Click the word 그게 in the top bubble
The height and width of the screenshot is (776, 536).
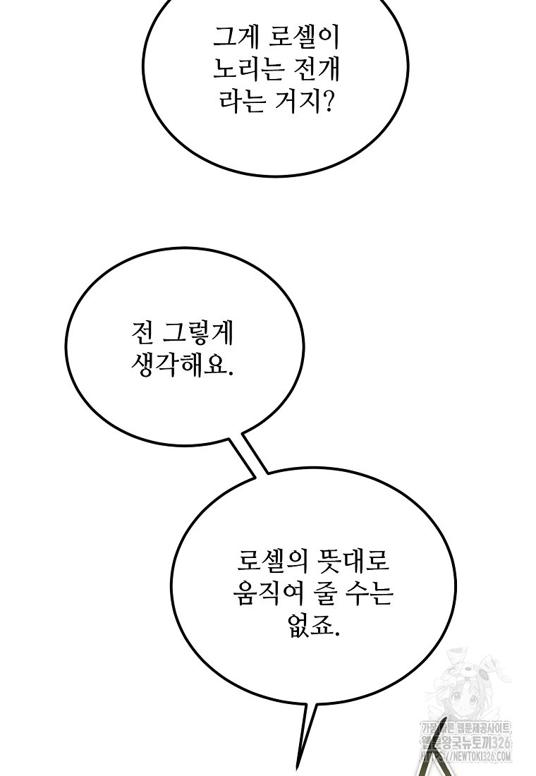point(234,35)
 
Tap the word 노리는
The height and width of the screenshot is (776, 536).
point(247,69)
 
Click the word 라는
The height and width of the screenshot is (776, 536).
point(238,103)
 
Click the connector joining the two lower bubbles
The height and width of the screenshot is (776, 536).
point(250,456)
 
